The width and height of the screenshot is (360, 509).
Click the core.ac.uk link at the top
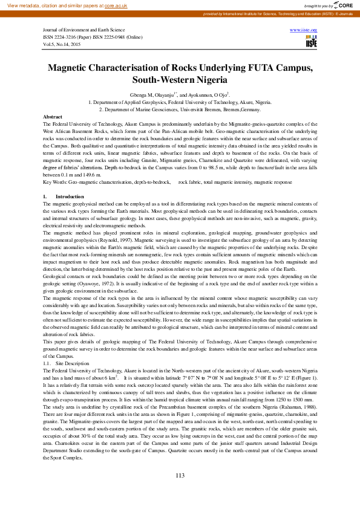(116, 5)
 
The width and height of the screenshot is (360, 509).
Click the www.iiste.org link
(304, 30)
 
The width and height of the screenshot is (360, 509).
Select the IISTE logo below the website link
(311, 41)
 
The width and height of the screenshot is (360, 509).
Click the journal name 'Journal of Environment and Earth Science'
(84, 30)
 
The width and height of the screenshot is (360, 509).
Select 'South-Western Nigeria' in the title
(180, 80)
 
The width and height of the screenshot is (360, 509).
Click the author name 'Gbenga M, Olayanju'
(151, 95)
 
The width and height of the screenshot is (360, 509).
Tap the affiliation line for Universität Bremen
(180, 109)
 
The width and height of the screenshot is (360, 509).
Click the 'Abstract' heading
(53, 116)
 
